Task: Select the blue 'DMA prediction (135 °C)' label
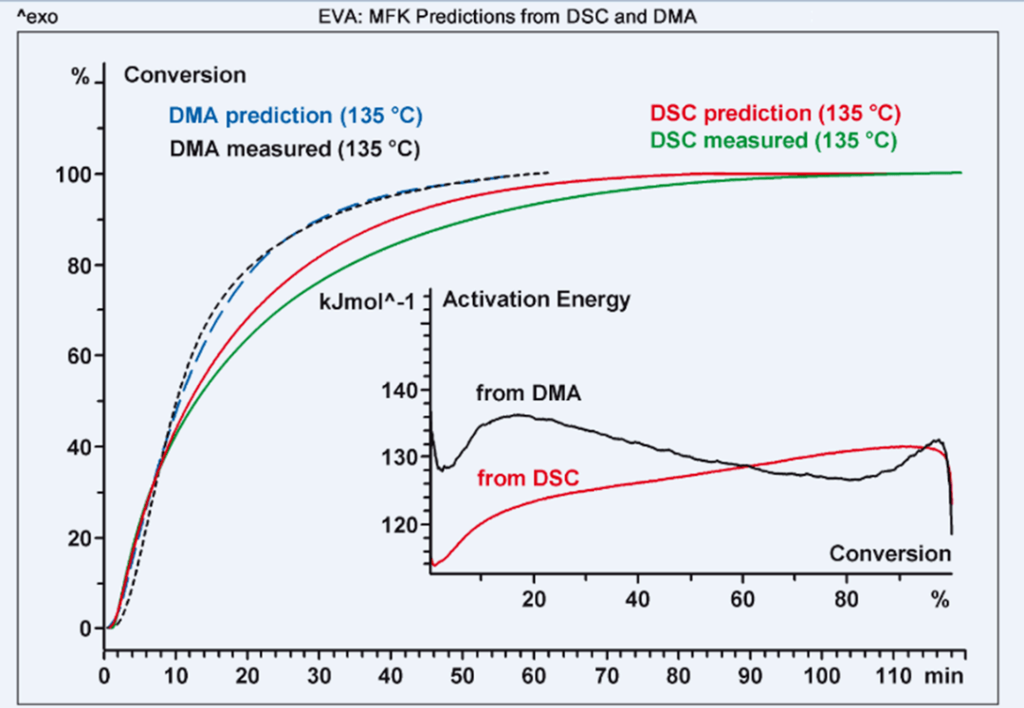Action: point(295,116)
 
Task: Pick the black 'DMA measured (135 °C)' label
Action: point(295,149)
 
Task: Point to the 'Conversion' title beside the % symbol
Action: point(185,75)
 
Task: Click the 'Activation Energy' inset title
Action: point(537,300)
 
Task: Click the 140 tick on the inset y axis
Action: point(398,389)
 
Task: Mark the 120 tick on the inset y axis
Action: point(398,524)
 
